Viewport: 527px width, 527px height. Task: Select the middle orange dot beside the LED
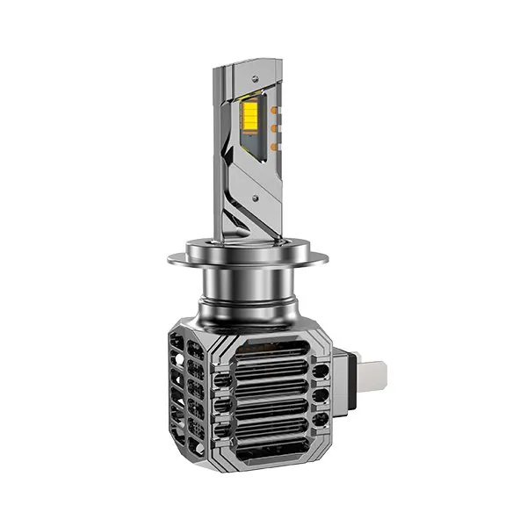click(x=272, y=129)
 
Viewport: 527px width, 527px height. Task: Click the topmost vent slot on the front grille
click(x=272, y=349)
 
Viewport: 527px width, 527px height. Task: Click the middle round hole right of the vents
click(x=320, y=396)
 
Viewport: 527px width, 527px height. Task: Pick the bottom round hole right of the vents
click(x=320, y=422)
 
